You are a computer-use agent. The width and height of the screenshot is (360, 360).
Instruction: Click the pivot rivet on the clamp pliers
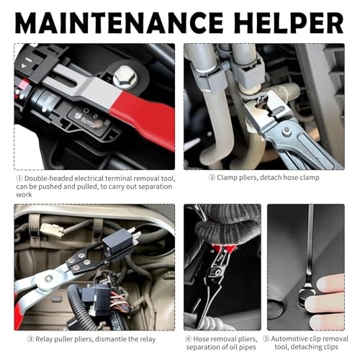coord(287,130)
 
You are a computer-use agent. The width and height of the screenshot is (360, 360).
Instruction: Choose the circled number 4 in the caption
coord(189,338)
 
